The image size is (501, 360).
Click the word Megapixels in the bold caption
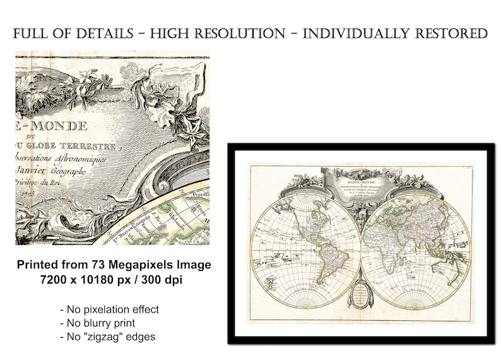point(141,265)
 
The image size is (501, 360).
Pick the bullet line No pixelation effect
point(109,309)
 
